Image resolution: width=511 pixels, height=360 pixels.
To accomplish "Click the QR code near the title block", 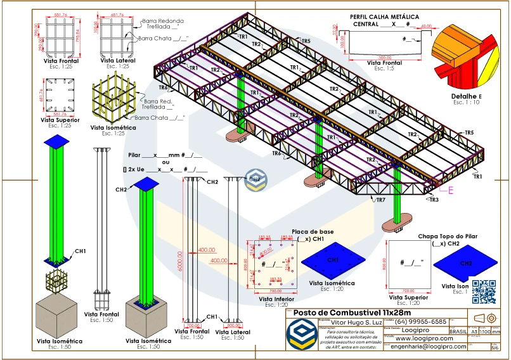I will (484, 292).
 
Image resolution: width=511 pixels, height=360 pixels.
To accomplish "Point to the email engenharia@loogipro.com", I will (428, 347).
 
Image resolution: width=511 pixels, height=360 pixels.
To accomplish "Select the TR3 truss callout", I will (434, 200).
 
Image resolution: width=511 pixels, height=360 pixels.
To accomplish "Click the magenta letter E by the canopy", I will (451, 190).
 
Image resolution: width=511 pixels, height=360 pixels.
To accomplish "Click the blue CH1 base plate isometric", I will (332, 260).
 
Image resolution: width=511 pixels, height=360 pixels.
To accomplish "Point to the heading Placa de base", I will (307, 232).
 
